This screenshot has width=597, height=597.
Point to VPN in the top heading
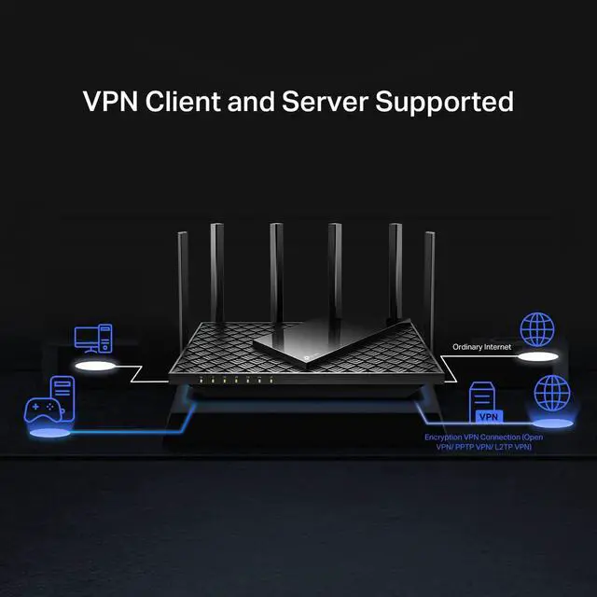[x=108, y=102]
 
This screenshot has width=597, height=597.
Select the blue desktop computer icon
[x=93, y=339]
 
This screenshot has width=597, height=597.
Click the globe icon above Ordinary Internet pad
[x=537, y=329]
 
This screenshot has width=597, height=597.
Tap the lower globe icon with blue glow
[x=548, y=393]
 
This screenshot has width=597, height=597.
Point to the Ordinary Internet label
[x=483, y=347]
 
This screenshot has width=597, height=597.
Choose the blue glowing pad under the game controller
[x=44, y=434]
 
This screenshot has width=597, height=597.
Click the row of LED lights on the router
[x=236, y=382]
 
